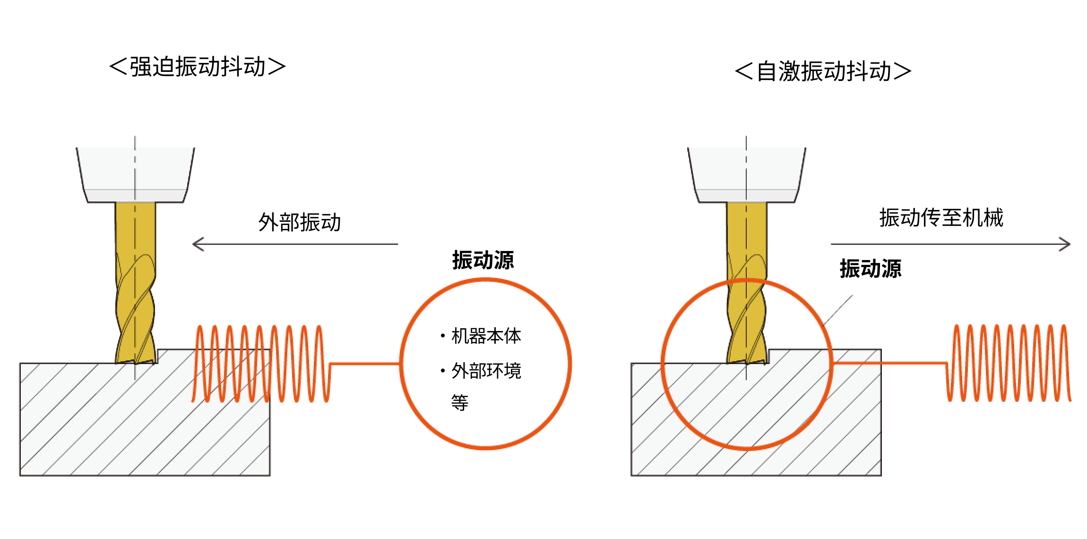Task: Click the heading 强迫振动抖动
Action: (x=198, y=67)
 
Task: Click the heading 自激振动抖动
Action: (x=823, y=71)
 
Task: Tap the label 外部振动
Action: (x=300, y=222)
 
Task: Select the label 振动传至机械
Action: (x=941, y=218)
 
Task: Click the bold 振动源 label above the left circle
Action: (x=483, y=260)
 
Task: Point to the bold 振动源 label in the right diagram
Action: (x=871, y=269)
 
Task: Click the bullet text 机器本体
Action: (x=486, y=336)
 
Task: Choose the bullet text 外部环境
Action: (x=486, y=371)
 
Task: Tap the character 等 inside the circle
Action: (x=459, y=403)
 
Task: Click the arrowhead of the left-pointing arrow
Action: (x=198, y=244)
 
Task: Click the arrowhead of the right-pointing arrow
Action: (x=1065, y=244)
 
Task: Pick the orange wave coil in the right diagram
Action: (x=1009, y=363)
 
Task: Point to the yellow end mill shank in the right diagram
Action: (x=746, y=227)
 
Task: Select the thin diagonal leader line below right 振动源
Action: (x=837, y=310)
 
